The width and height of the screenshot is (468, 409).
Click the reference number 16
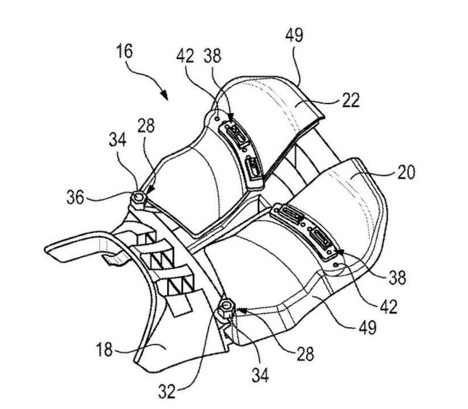point(125,51)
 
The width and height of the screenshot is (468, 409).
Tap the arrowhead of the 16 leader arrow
point(164,95)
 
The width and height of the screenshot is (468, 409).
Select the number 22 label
point(350,100)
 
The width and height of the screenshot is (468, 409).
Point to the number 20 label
point(406,172)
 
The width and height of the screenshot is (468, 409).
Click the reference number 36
point(75,197)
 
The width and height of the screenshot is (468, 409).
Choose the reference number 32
point(167,391)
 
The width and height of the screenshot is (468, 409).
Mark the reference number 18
point(104,349)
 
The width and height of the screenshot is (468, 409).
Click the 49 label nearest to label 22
point(294,35)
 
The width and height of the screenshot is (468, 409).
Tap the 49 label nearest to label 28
point(367,328)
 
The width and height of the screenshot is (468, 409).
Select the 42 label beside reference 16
point(185,56)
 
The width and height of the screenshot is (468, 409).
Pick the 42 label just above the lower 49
point(388,307)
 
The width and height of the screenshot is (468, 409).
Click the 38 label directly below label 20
point(397,277)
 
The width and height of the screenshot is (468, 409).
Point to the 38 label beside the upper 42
point(212,56)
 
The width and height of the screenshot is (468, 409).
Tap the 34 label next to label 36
point(118,140)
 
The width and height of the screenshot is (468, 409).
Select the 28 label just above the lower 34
point(305,355)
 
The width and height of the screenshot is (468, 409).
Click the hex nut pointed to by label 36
point(138,198)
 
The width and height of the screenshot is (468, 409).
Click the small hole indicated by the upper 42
point(218,119)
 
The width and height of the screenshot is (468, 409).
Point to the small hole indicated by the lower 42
point(337,264)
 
